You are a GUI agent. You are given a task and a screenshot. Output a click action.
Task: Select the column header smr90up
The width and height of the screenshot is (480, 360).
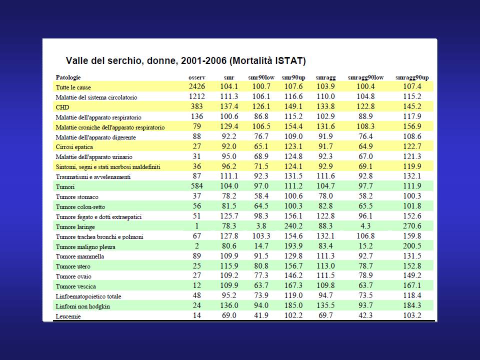(293, 78)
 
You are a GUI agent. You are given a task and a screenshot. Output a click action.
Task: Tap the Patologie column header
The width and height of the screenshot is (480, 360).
(68, 77)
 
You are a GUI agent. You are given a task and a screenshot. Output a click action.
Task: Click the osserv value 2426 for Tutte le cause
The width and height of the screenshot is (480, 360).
(197, 86)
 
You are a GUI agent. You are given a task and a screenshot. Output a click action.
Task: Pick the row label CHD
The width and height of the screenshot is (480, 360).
(62, 107)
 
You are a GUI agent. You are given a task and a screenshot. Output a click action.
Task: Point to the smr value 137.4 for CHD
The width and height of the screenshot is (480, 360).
(229, 106)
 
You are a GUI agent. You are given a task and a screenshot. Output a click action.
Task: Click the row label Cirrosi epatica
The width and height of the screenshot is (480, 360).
(74, 147)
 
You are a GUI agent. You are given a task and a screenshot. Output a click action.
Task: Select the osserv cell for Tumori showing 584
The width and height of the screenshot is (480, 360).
(197, 186)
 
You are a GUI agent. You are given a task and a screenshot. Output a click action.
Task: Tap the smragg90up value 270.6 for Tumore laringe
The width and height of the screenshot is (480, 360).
(412, 226)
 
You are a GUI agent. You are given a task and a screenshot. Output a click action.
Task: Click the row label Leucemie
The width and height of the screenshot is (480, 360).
(68, 316)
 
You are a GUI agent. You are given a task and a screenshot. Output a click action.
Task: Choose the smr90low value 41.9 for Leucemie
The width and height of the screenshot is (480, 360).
(261, 315)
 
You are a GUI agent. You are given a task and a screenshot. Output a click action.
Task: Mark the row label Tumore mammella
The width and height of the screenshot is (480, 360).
(79, 256)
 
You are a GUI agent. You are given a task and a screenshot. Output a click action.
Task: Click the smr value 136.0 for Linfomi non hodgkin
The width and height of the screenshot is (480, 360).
(229, 305)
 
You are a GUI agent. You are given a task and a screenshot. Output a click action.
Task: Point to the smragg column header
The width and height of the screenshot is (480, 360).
(325, 78)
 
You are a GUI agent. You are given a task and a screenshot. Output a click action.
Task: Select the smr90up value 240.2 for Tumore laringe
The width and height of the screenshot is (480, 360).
(293, 226)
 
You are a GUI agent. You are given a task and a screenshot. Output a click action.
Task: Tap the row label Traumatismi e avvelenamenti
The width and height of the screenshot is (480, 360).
(93, 177)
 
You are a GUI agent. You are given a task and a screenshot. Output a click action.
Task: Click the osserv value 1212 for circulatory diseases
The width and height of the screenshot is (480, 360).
(197, 96)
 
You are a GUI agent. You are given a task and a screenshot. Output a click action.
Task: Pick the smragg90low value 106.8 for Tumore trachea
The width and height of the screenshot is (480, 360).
(365, 236)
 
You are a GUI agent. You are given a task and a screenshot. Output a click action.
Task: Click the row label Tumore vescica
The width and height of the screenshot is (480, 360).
(75, 286)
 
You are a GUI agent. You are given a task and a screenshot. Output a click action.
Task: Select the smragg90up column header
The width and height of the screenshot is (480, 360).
(412, 78)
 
